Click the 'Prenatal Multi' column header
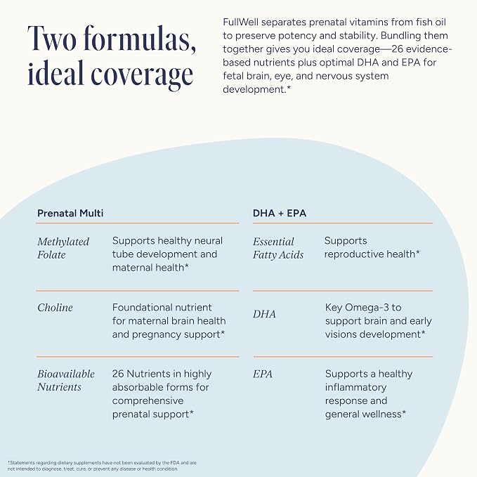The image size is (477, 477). point(70,213)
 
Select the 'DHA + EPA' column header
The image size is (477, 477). point(280,213)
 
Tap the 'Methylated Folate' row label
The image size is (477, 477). point(63,248)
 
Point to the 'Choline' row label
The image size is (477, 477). point(55,308)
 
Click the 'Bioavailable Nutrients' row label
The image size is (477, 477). point(66,380)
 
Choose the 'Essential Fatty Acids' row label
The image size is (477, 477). point(278,248)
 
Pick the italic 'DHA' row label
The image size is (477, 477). point(264,314)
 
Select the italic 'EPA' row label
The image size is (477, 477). point(263,374)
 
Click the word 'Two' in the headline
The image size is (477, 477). point(52,39)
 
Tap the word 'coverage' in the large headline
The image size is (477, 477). point(142,74)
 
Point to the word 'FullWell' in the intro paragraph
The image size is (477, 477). point(241,22)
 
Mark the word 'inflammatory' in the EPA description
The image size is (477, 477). point(355,387)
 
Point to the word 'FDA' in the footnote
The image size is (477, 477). point(175,463)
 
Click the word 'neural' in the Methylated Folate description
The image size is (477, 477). point(209,241)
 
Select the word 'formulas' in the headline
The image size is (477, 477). point(141,39)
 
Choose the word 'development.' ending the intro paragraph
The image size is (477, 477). point(256,89)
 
